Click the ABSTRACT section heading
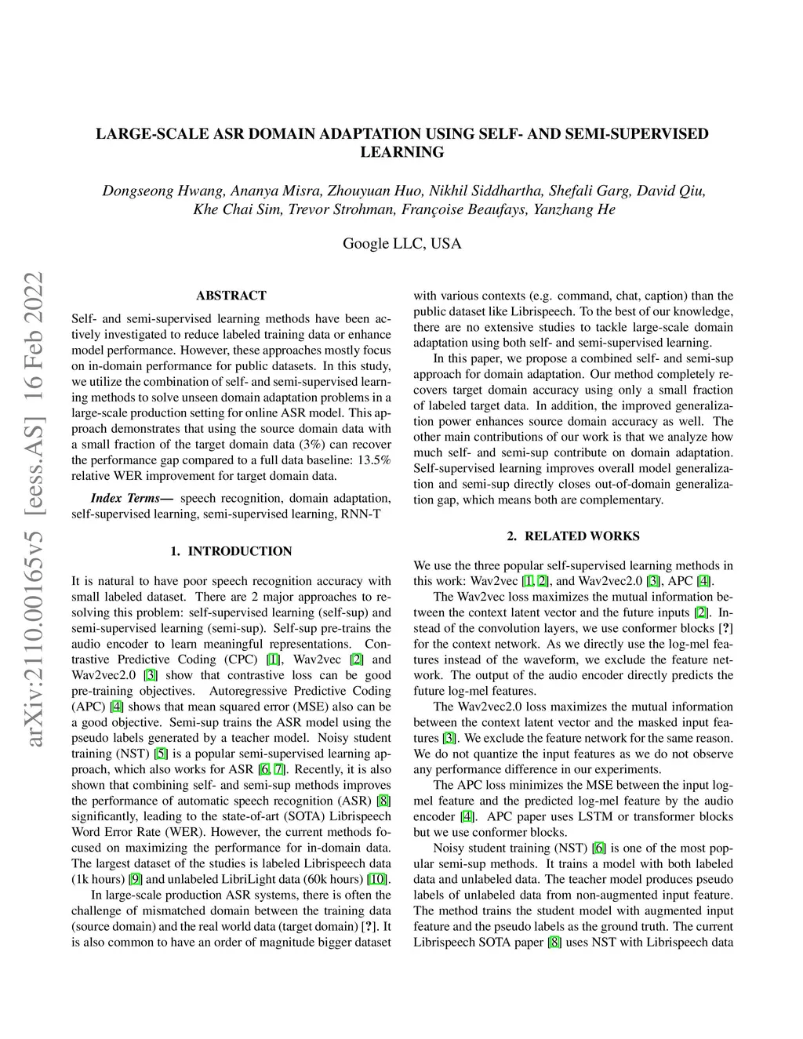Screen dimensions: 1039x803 click(231, 296)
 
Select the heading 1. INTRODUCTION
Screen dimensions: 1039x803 click(231, 551)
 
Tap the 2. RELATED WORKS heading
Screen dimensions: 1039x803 click(572, 536)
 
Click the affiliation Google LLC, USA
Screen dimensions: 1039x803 click(401, 243)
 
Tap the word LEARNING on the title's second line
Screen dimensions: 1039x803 click(401, 152)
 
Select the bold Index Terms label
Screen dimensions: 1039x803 click(132, 499)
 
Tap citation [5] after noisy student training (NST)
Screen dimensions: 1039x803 click(161, 754)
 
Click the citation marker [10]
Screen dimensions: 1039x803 click(379, 879)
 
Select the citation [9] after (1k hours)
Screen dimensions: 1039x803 click(136, 879)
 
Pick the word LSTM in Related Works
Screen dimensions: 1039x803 click(587, 816)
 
